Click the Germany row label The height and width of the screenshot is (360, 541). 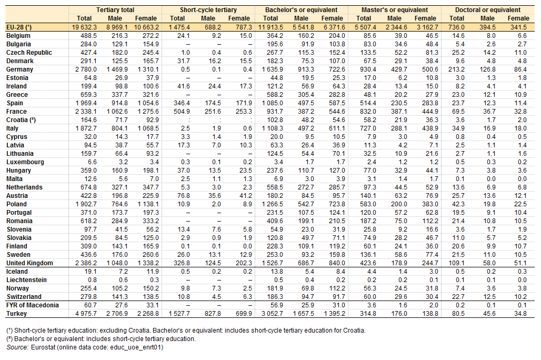click(19, 69)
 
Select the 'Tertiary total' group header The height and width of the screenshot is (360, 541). click(115, 10)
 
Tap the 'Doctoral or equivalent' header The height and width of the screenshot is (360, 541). click(488, 10)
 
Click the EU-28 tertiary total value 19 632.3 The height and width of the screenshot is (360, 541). click(84, 27)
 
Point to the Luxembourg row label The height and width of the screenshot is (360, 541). click(25, 162)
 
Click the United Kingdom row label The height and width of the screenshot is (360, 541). click(29, 263)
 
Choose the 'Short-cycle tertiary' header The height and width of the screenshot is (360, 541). click(208, 10)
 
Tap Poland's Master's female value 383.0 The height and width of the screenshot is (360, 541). click(430, 204)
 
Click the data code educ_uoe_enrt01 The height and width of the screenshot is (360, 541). click(137, 347)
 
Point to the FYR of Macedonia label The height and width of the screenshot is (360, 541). click(33, 305)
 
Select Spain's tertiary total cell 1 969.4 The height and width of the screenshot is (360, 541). click(86, 103)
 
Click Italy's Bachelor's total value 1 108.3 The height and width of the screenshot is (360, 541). click(273, 128)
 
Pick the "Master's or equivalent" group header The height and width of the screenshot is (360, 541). click(395, 10)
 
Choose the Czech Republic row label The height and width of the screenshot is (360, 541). click(29, 53)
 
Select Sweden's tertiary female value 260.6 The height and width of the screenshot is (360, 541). click(151, 255)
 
